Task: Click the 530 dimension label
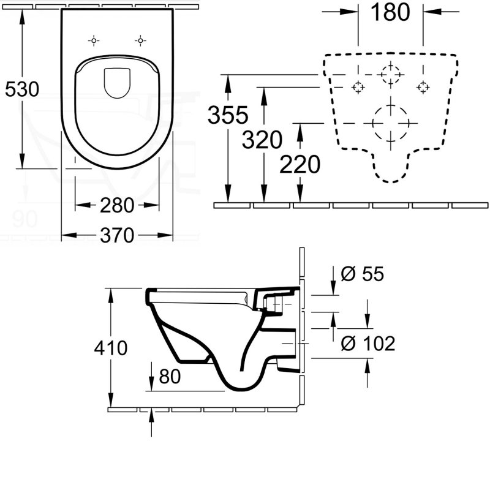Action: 22,89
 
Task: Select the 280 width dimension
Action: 116,206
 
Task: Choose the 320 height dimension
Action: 262,140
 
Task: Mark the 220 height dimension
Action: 300,164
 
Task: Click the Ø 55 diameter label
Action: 361,274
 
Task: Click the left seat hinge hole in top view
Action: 94,41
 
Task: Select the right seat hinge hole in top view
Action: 140,41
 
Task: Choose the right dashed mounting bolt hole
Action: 422,88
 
